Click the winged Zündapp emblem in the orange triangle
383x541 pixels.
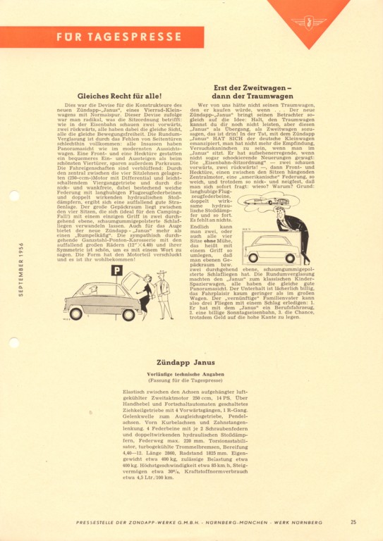tap(308, 21)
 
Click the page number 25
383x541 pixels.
tap(353, 522)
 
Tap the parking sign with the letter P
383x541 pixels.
tap(116, 270)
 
